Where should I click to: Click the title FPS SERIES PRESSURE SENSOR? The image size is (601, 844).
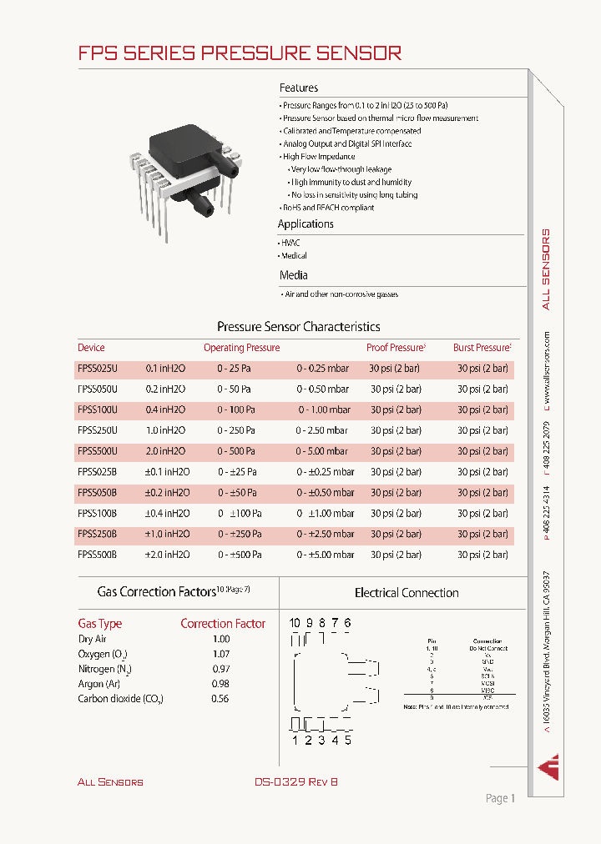click(240, 53)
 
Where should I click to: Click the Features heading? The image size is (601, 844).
click(299, 88)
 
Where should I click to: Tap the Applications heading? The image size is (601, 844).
click(306, 224)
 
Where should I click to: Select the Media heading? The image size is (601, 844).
click(293, 275)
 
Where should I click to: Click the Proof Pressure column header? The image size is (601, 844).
click(396, 348)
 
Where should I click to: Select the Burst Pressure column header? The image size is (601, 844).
click(482, 348)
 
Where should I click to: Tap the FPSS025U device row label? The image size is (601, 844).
click(98, 369)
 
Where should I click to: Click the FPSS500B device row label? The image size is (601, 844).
click(98, 554)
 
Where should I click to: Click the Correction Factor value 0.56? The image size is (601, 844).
click(220, 699)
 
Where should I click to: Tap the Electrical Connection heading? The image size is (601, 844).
click(407, 593)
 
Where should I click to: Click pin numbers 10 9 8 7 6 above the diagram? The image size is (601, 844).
click(320, 623)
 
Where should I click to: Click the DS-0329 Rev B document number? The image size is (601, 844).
click(296, 781)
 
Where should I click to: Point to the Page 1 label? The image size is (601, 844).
click(500, 798)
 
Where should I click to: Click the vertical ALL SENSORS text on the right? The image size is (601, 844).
click(546, 269)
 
